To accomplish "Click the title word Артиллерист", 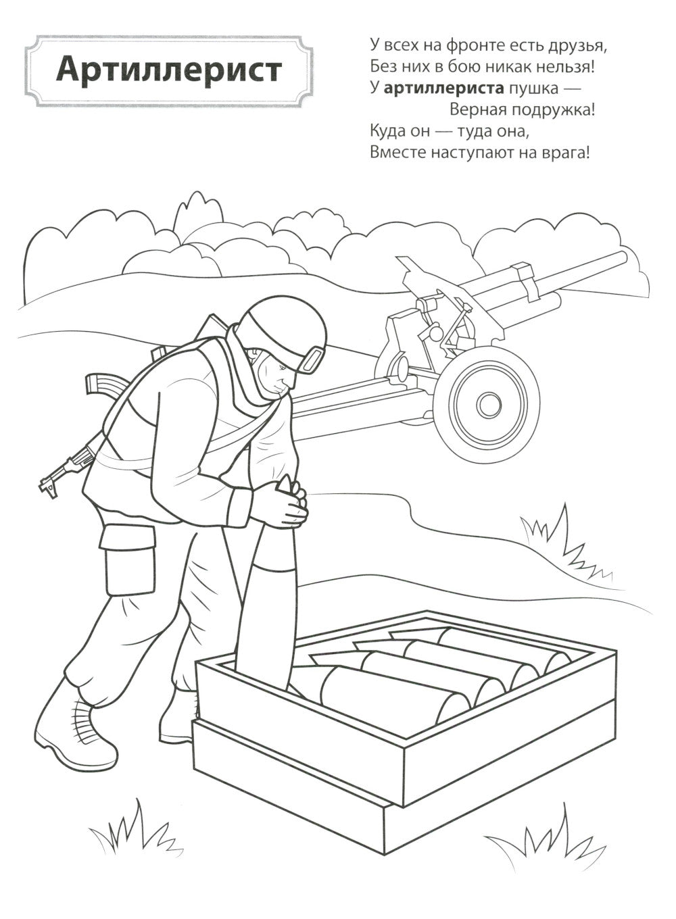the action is click(169, 70).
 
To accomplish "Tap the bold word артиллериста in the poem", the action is click(443, 89).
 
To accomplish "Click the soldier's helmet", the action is click(284, 332).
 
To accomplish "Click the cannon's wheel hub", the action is click(489, 404).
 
